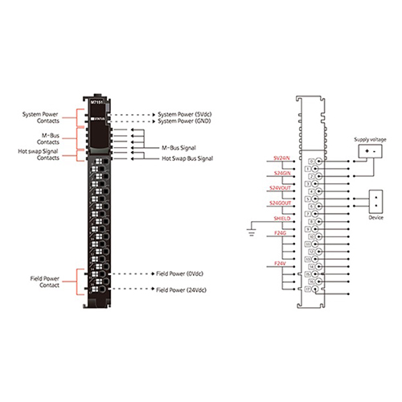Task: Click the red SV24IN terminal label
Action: coord(282,158)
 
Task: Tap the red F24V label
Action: coord(281,263)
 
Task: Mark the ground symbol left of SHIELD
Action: coord(252,234)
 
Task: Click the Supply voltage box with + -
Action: coord(370,152)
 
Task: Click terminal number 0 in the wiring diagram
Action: coord(311,162)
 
